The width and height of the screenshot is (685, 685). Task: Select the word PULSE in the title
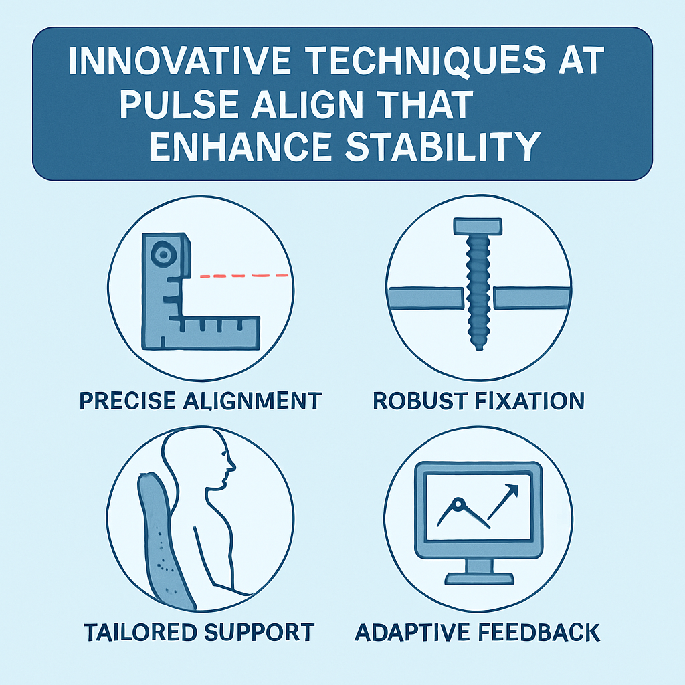pos(179,104)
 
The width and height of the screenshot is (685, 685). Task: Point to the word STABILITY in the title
pos(444,146)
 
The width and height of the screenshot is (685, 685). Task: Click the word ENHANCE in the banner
pos(241,146)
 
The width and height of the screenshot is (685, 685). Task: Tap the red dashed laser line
pos(244,276)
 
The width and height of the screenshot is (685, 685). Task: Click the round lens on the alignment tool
pos(163,254)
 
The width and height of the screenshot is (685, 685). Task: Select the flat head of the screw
pos(478,226)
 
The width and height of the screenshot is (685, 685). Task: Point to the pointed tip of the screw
pos(479,348)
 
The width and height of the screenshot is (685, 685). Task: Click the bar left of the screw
pos(425,298)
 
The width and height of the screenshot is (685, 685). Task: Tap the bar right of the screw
pos(532,298)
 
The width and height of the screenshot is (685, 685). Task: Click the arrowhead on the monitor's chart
pos(512,490)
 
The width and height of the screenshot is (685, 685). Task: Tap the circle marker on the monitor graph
pos(458,504)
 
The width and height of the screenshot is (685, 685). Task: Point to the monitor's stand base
pos(480,579)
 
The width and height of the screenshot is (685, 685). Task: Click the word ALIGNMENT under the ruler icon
pos(252,401)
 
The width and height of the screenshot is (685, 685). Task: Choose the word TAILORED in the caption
pos(140,633)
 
